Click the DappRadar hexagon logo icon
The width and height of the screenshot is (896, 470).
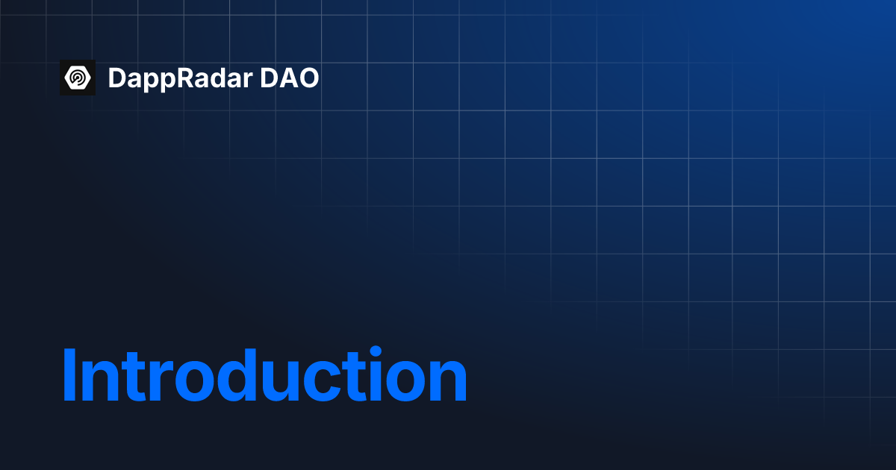78,78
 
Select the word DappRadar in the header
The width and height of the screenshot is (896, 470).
179,78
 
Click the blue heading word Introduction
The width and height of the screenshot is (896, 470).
264,376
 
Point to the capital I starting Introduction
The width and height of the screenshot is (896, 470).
69,376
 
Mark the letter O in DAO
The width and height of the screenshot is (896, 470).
308,78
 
